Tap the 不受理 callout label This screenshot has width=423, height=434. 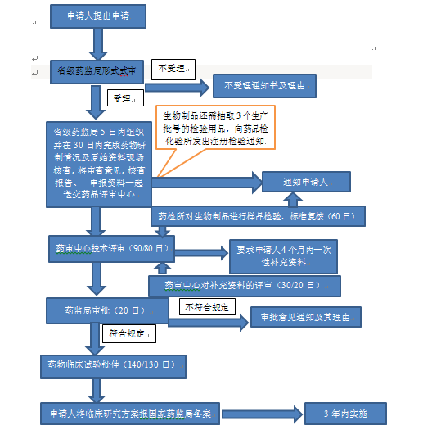tap(172, 70)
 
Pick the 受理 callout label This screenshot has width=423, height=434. tap(124, 98)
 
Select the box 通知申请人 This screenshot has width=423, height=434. tap(305, 183)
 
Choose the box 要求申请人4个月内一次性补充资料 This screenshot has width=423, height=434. tap(282, 256)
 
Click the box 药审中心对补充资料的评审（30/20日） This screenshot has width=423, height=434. tap(245, 286)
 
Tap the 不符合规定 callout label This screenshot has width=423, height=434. tap(206, 307)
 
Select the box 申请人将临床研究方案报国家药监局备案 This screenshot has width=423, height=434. tap(130, 413)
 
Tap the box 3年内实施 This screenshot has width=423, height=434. tap(343, 413)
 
